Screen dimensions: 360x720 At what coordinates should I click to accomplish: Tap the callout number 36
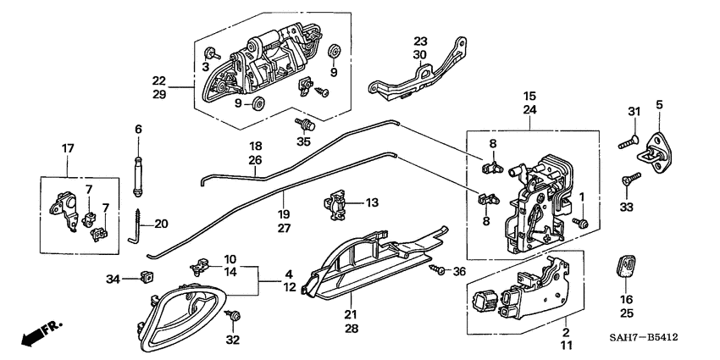click(x=460, y=271)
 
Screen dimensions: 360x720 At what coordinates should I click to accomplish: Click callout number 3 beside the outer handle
click(x=205, y=67)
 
